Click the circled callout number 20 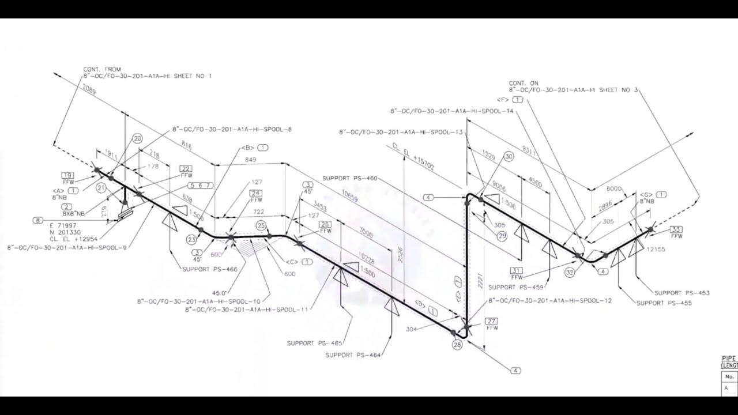click(137, 138)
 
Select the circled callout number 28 click(457, 345)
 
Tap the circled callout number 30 click(508, 156)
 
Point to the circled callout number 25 click(261, 225)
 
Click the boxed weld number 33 click(676, 229)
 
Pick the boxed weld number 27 click(492, 321)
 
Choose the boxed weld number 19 click(68, 175)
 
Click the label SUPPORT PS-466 click(210, 269)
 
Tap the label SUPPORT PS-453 click(681, 293)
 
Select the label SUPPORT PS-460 click(350, 178)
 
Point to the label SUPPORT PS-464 click(353, 355)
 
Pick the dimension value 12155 click(655, 250)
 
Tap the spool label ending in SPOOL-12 click(550, 301)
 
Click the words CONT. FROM click(102, 69)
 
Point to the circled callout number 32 click(570, 273)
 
